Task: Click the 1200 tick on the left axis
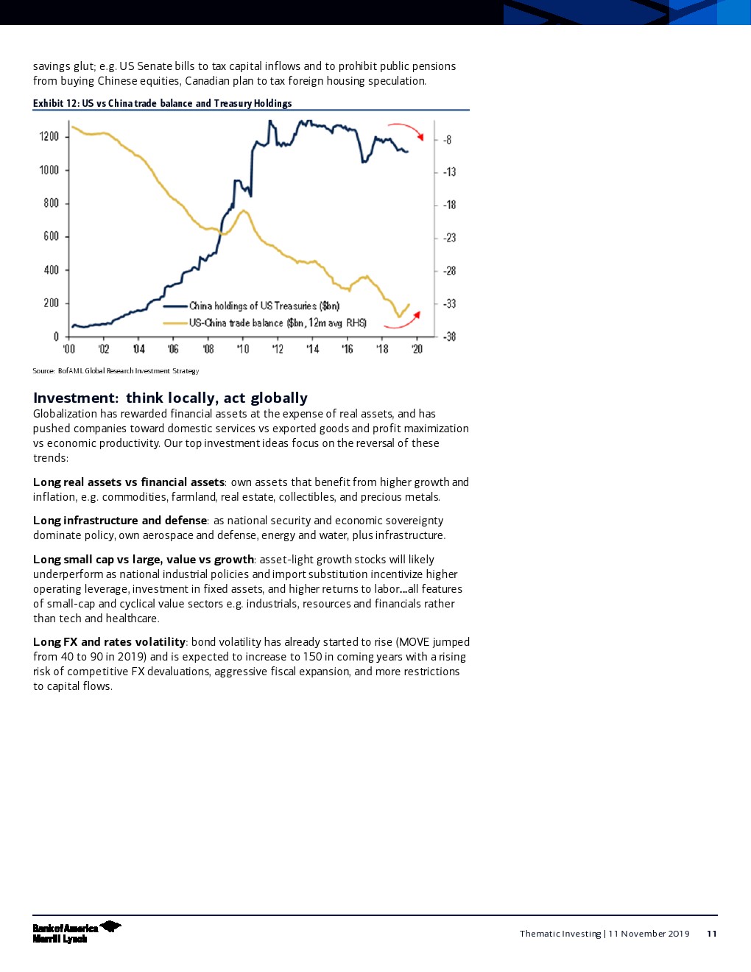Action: pos(49,136)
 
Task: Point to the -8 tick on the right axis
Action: pos(447,140)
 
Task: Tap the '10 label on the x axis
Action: pos(242,349)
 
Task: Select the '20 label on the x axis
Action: pos(417,349)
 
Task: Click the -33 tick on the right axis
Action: pos(449,303)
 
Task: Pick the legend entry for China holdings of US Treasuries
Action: pos(264,306)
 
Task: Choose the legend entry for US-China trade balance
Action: pos(277,323)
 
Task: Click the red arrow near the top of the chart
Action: pos(406,129)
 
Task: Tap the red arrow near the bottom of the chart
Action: pos(404,322)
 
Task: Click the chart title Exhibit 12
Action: pos(162,103)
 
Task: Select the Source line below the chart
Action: pos(116,371)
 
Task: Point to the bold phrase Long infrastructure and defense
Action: pos(121,521)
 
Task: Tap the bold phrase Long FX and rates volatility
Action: pos(109,642)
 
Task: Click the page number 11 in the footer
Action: pos(711,934)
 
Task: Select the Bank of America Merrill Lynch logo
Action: pos(76,932)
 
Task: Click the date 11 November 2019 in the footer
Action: pos(649,934)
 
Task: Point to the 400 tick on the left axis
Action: pos(51,270)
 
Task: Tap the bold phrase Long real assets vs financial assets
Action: pos(129,482)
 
